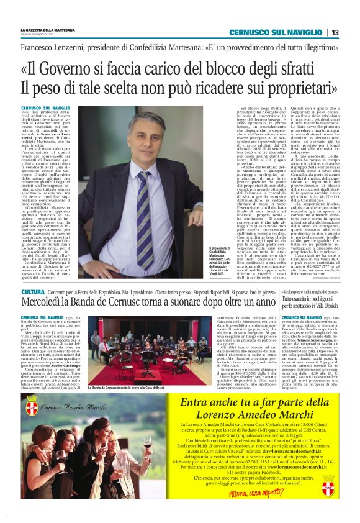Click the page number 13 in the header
pyautogui.click(x=335, y=32)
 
